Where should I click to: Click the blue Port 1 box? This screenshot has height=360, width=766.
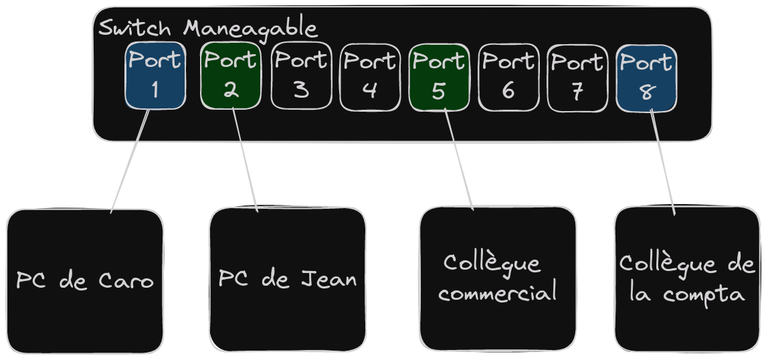(x=155, y=76)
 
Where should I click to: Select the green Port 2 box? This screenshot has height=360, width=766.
(x=230, y=76)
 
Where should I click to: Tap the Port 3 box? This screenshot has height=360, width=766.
(x=301, y=76)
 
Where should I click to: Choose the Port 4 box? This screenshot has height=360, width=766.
(x=370, y=76)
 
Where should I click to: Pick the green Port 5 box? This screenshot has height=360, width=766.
(x=439, y=76)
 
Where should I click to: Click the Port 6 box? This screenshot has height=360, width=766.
(x=508, y=76)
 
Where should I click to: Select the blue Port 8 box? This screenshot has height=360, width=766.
(x=646, y=77)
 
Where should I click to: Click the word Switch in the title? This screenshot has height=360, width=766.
(x=136, y=29)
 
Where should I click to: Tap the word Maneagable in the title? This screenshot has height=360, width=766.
(x=250, y=29)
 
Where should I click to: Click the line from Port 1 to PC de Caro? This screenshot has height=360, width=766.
(x=130, y=161)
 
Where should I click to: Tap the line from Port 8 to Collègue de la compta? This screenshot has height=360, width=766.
(x=662, y=161)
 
